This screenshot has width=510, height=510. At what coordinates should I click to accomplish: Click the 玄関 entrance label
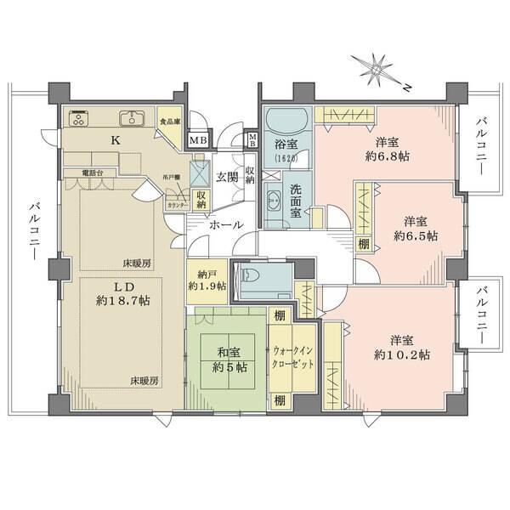coord(225,177)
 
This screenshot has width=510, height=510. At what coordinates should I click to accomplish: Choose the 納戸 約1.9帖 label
coord(206,280)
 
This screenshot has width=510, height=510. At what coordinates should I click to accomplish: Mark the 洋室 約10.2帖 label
coord(403,347)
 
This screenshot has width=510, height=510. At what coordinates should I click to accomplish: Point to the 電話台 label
coord(93,173)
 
